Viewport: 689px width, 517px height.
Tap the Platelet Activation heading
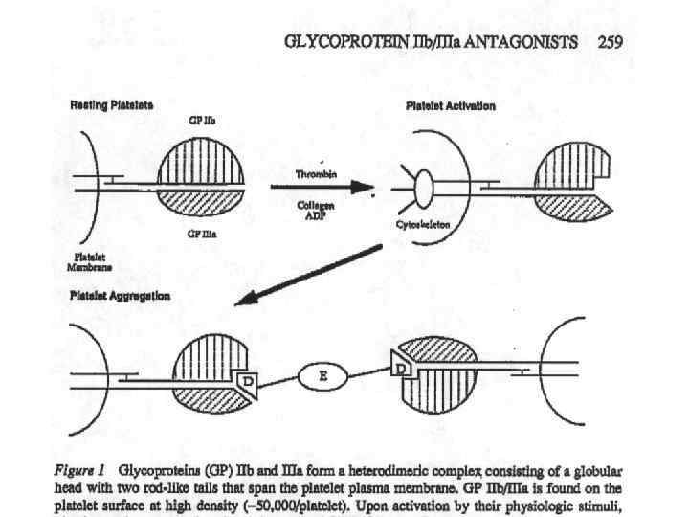[451, 105]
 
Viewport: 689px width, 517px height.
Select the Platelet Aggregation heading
[121, 296]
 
